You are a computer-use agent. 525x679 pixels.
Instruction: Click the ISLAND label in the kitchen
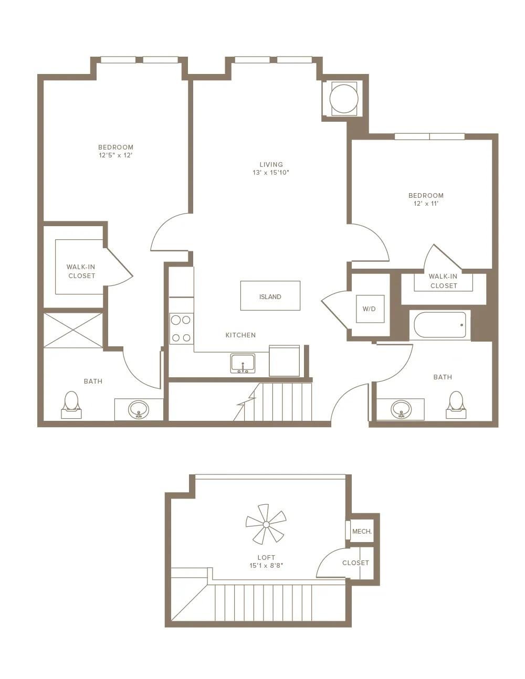coord(270,297)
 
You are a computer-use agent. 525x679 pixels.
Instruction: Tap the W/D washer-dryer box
coord(370,309)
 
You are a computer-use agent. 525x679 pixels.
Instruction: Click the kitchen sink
coord(243,363)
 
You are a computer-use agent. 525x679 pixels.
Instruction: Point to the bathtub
coord(440,325)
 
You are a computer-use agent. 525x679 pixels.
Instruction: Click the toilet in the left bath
coord(71,405)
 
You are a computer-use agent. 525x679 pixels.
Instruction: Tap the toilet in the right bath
coord(456,405)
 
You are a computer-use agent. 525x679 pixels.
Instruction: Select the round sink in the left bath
coord(139,409)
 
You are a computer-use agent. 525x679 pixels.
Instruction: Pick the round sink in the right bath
coord(401,409)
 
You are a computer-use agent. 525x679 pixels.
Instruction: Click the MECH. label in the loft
coord(362,531)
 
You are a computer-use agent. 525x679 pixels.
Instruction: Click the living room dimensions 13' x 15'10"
coord(271,173)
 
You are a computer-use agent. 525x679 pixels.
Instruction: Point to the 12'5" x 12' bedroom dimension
coord(115,155)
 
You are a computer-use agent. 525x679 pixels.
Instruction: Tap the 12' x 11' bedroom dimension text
coord(426,204)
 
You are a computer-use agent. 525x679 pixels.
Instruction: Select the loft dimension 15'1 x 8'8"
coord(266,565)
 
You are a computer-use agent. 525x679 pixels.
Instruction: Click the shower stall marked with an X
coord(73,330)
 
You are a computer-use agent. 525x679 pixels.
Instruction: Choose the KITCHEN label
coord(240,335)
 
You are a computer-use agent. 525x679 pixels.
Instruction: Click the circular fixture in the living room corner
coord(344,99)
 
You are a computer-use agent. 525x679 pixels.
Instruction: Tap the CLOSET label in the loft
coord(355,563)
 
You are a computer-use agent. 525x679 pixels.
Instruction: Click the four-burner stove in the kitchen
coord(181,328)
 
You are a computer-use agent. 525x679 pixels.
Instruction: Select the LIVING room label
coord(271,164)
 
